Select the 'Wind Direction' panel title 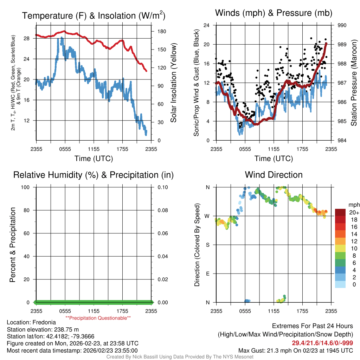pos(274,175)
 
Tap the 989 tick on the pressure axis pos(342,45)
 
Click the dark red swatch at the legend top pos(340,212)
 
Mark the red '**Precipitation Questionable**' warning pos(98,318)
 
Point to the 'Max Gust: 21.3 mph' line pos(296,350)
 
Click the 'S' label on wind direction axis pos(207,245)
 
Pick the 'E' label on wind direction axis pos(207,274)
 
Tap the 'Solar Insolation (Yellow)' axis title pos(173,83)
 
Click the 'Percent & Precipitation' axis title pos(12,245)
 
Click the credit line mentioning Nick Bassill pos(180,357)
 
